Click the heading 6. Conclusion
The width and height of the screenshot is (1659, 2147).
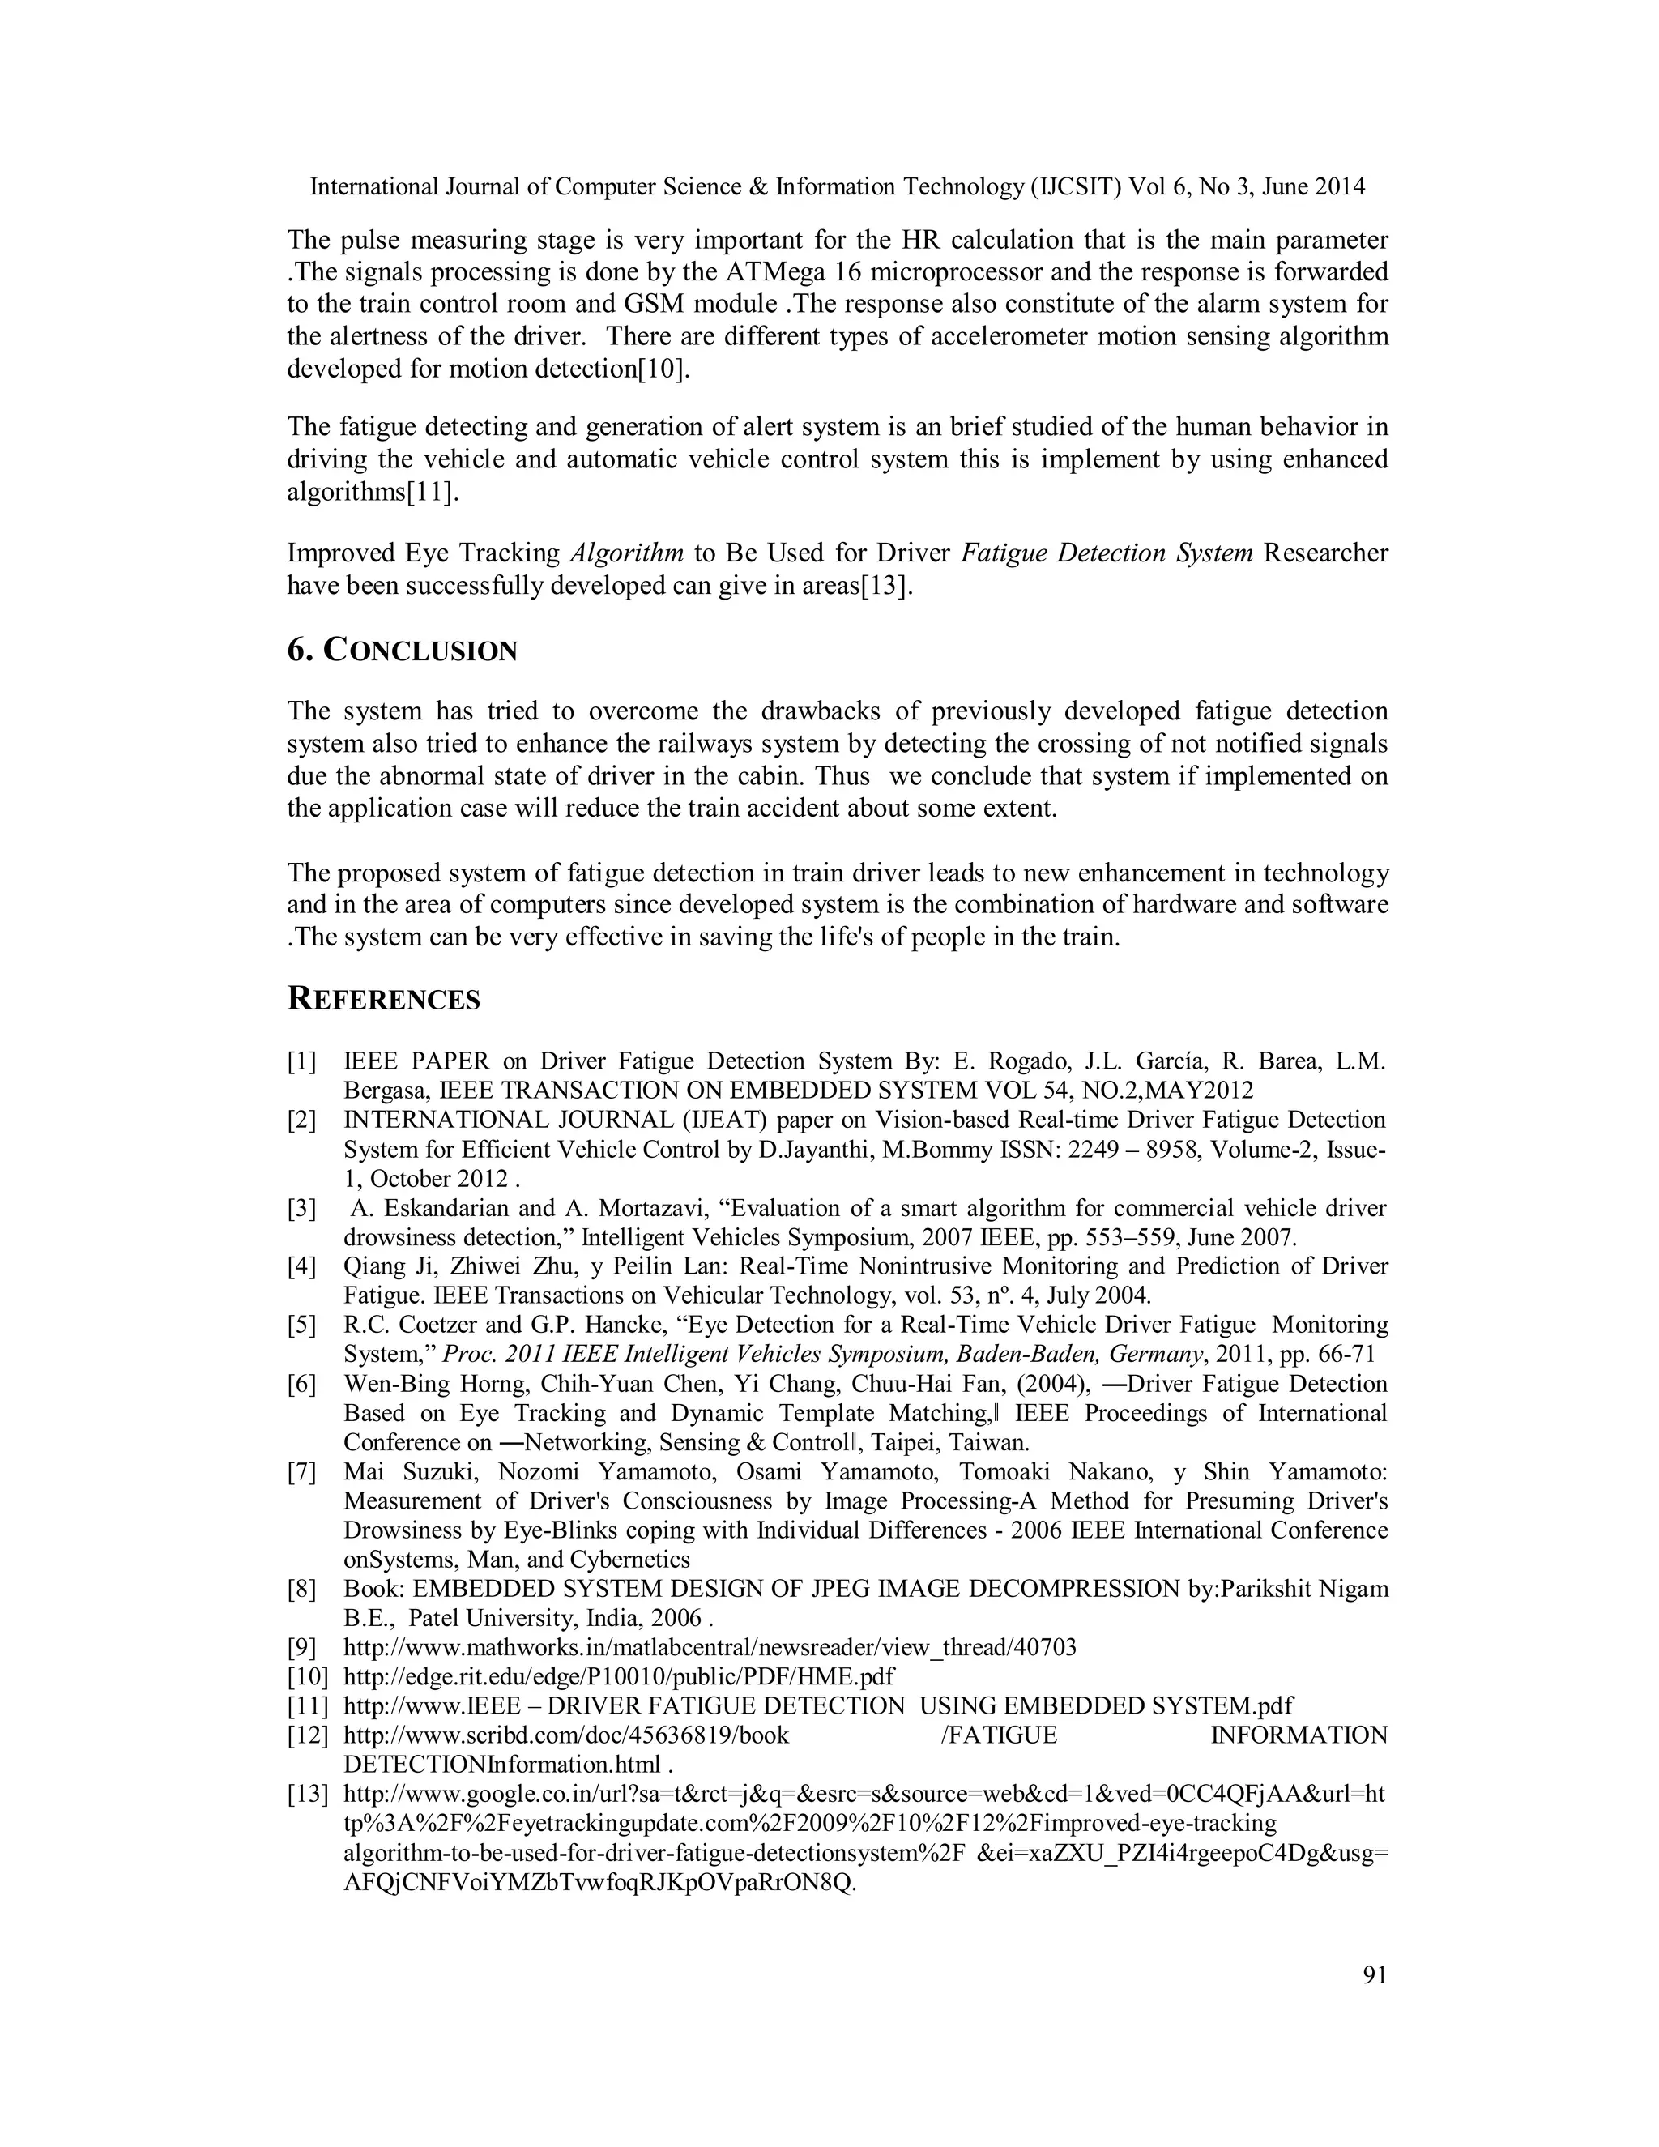(x=402, y=651)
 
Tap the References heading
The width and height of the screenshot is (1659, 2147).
(x=383, y=1000)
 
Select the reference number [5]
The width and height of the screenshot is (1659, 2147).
(x=301, y=1325)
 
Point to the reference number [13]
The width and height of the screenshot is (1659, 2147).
(x=307, y=1794)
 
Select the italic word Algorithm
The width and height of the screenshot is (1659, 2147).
(x=627, y=553)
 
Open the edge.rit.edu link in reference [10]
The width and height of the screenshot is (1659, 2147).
(x=619, y=1676)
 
